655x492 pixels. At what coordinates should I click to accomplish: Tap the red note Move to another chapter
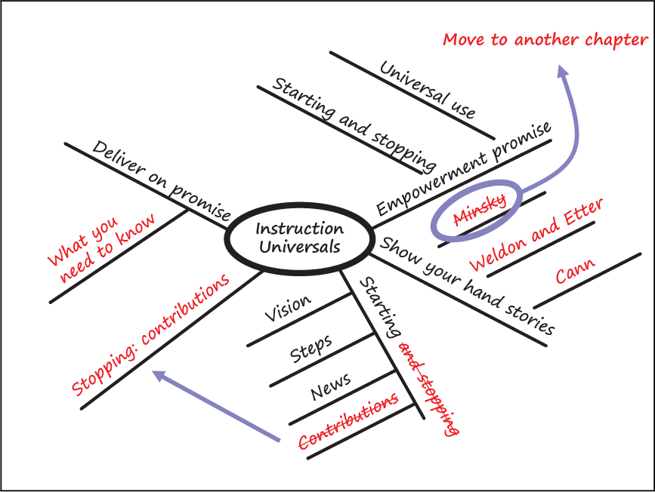pos(545,40)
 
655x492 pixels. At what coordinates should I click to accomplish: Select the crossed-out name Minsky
pos(480,210)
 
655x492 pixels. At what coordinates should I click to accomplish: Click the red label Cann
pos(575,270)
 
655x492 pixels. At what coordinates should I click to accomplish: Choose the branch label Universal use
pos(428,90)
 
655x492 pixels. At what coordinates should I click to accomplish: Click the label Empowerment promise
pos(464,168)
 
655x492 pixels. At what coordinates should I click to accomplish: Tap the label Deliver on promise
pos(161,180)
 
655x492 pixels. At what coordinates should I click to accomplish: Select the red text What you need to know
pos(101,248)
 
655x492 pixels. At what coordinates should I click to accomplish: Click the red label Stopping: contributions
pos(150,335)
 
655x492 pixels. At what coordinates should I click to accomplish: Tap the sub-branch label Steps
pos(311,349)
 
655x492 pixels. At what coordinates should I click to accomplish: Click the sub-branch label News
pos(330,386)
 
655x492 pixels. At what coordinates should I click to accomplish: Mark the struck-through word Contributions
pos(348,421)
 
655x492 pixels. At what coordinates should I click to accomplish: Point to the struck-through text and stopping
pos(428,389)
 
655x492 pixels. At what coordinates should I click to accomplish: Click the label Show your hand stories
pos(467,286)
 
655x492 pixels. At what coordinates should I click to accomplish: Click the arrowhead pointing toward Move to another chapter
pos(562,70)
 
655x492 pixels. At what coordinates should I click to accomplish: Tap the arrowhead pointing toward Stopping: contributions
pos(159,375)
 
